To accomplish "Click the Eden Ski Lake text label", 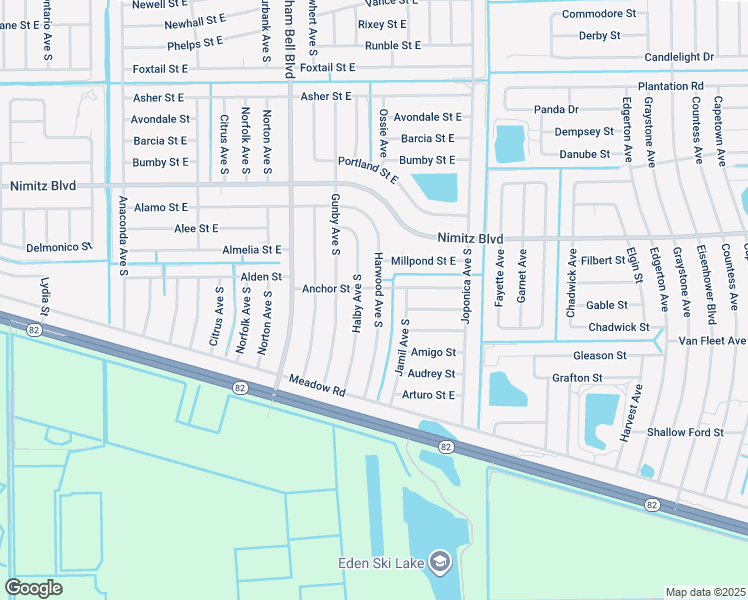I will tap(378, 564).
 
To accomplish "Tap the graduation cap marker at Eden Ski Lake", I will tap(439, 563).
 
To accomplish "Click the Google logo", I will tap(34, 588).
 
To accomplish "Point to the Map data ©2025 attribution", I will tap(705, 592).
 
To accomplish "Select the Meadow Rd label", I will tap(317, 385).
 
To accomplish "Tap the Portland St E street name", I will tap(367, 170).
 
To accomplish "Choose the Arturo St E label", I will tap(428, 395).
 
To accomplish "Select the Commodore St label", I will tap(599, 14).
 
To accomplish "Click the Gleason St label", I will tap(600, 356).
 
